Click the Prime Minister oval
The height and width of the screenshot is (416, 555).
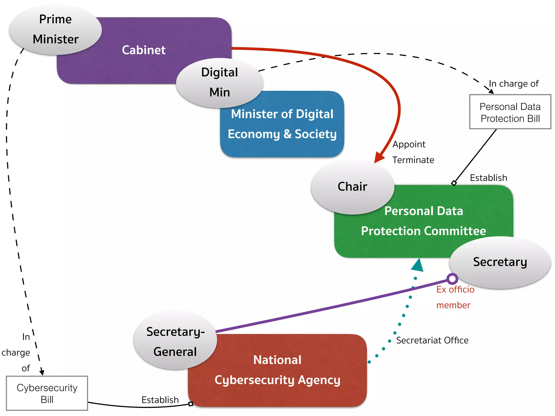[x=55, y=30]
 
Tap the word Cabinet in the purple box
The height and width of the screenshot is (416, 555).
[x=144, y=50]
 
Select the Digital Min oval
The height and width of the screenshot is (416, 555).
[x=220, y=82]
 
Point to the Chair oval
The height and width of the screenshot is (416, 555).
[x=352, y=187]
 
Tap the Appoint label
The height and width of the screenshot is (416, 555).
[x=409, y=144]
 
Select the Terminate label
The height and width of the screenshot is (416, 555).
[x=413, y=160]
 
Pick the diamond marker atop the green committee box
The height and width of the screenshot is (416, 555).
[x=454, y=183]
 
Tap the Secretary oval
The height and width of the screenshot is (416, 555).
[x=500, y=262]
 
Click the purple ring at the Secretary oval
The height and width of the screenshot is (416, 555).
[x=452, y=279]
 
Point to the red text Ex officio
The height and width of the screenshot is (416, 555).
[x=455, y=290]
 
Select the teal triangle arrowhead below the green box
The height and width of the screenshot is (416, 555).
[x=418, y=265]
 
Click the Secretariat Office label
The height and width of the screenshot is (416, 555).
[x=432, y=340]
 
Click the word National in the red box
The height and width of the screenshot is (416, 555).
[x=277, y=360]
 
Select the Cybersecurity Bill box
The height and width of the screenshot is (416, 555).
[x=47, y=393]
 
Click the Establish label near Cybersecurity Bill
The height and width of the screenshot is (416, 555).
[x=160, y=400]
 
